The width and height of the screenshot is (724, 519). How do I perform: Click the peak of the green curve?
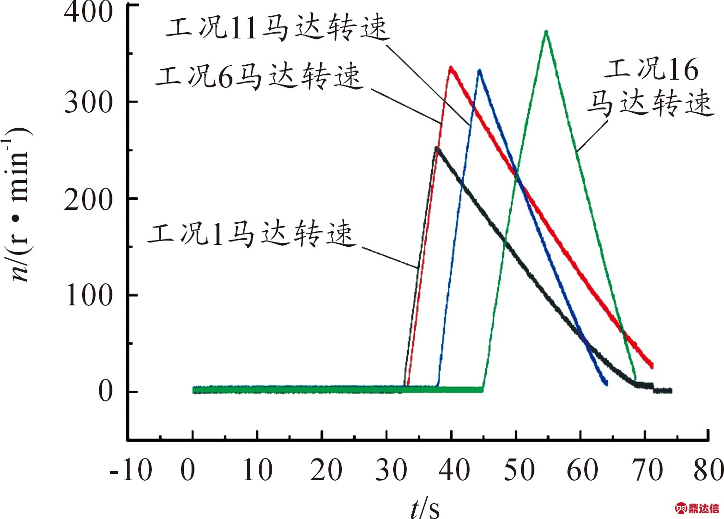click(x=546, y=32)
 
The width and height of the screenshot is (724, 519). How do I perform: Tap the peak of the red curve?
click(x=450, y=68)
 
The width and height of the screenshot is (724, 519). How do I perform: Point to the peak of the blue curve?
click(x=479, y=71)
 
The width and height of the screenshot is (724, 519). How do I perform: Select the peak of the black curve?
click(x=436, y=148)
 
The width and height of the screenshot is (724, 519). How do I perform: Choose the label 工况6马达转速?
click(x=258, y=77)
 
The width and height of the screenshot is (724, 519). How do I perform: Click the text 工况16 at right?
click(x=651, y=70)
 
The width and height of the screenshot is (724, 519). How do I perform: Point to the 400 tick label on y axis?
click(x=88, y=12)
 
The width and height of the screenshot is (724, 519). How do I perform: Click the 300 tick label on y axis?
click(x=88, y=102)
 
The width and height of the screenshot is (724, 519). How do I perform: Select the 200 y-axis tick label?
click(x=88, y=199)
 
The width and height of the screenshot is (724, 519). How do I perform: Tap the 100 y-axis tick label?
click(x=88, y=295)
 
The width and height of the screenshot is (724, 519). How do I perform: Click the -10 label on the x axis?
click(x=131, y=470)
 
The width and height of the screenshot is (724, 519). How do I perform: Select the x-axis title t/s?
click(x=425, y=507)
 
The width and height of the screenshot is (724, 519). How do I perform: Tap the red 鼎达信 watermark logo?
click(x=698, y=508)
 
